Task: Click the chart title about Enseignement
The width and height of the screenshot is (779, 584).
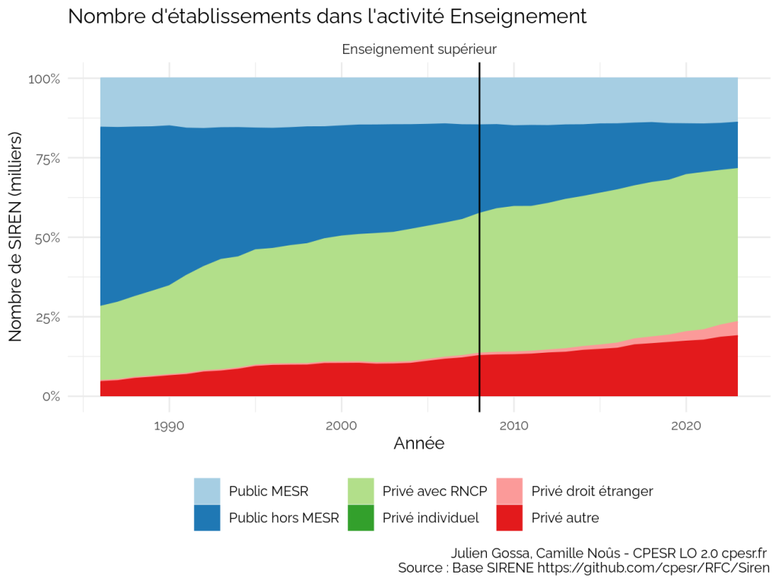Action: pos(327,17)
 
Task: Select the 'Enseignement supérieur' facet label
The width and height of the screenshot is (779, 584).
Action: pos(419,49)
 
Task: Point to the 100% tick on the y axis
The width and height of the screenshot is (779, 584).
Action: pos(43,79)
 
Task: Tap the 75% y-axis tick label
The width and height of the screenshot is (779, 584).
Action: pos(48,158)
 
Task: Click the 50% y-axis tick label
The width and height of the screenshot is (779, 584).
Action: pos(47,237)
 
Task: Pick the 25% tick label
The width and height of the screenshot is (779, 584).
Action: pos(48,317)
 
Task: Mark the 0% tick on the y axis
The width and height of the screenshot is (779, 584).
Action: pos(51,396)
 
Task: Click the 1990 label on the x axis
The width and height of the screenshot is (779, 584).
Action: pos(169,426)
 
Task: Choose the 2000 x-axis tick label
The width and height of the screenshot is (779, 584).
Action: pos(342,426)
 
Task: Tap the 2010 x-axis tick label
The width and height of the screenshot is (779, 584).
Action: pos(514,426)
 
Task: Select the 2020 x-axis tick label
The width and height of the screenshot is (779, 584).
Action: pos(686,426)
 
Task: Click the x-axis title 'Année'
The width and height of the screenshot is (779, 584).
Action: pos(419,443)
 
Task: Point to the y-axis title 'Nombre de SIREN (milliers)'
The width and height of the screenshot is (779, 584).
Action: pos(15,237)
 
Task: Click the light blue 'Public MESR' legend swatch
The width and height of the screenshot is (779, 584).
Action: pos(207,491)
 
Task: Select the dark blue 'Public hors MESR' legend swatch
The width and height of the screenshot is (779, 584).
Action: pos(207,518)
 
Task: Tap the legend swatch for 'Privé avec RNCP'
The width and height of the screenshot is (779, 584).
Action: pos(361,491)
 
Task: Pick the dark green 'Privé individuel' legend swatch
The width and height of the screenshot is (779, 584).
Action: pos(361,518)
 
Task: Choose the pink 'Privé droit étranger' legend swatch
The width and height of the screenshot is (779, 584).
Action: pos(509,491)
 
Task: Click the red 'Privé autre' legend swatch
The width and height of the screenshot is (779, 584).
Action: pos(509,518)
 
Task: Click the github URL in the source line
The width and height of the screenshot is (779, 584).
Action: pos(653,567)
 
